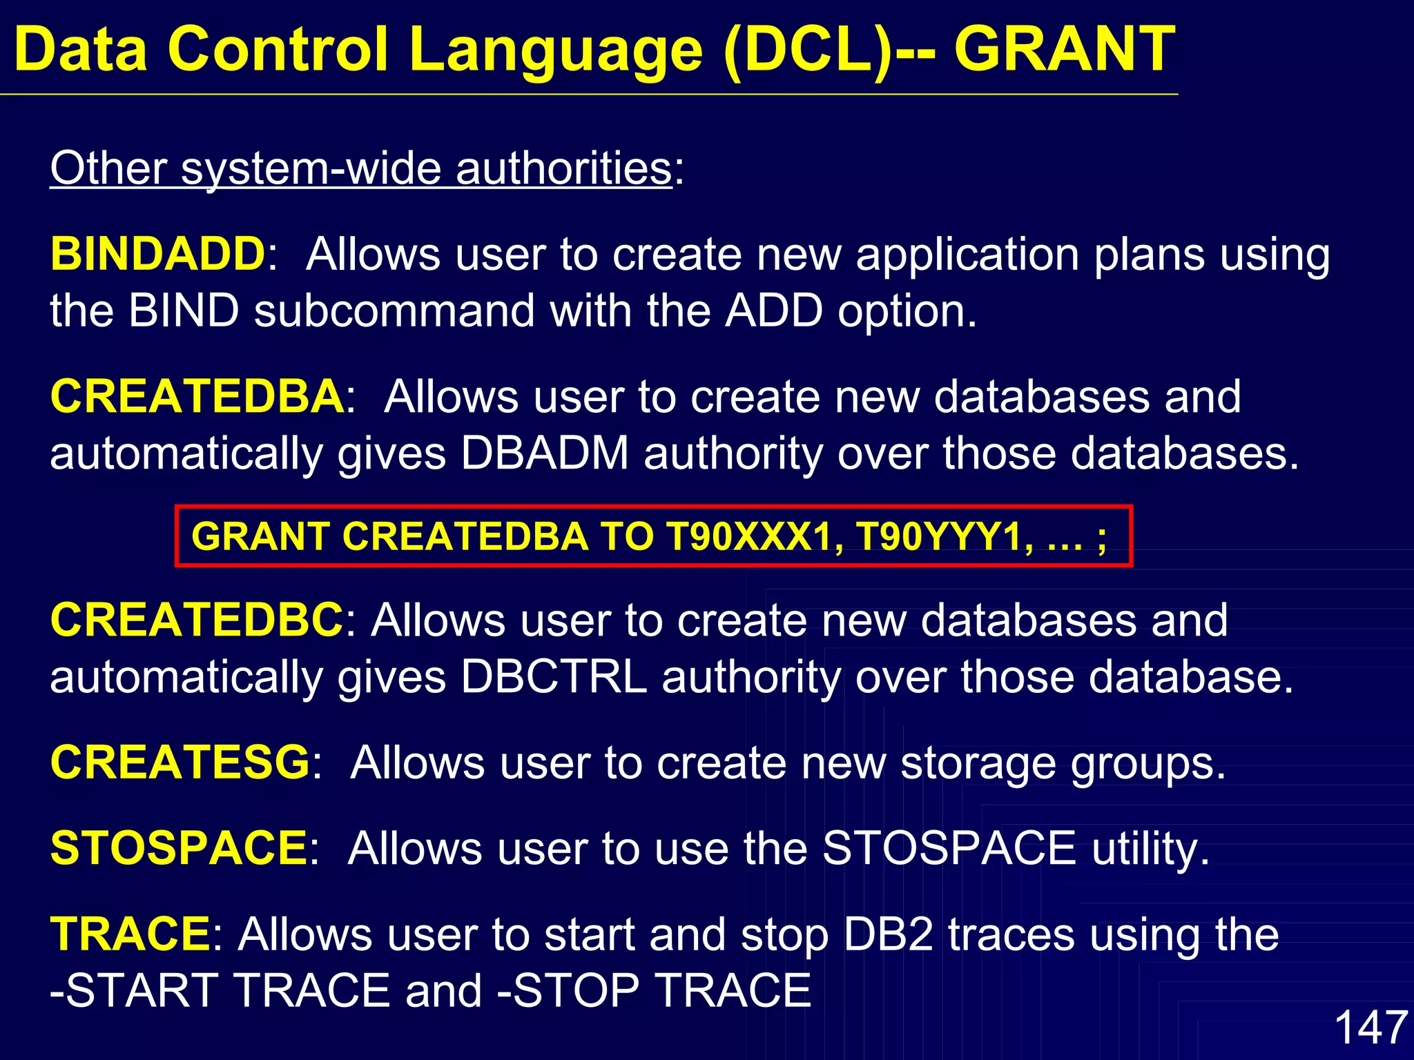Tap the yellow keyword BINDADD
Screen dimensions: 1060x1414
click(157, 255)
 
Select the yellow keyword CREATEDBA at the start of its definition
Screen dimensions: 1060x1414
click(197, 397)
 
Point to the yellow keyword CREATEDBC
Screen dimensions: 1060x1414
click(197, 620)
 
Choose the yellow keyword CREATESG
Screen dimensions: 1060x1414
click(180, 763)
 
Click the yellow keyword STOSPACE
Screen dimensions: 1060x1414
click(179, 848)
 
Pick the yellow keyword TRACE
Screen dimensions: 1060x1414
click(130, 934)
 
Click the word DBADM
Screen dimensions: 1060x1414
click(545, 453)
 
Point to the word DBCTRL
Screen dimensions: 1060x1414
click(554, 677)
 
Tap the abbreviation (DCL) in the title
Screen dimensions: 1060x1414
click(806, 50)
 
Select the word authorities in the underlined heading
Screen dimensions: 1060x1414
click(563, 168)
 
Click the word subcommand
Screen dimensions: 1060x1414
click(394, 311)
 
